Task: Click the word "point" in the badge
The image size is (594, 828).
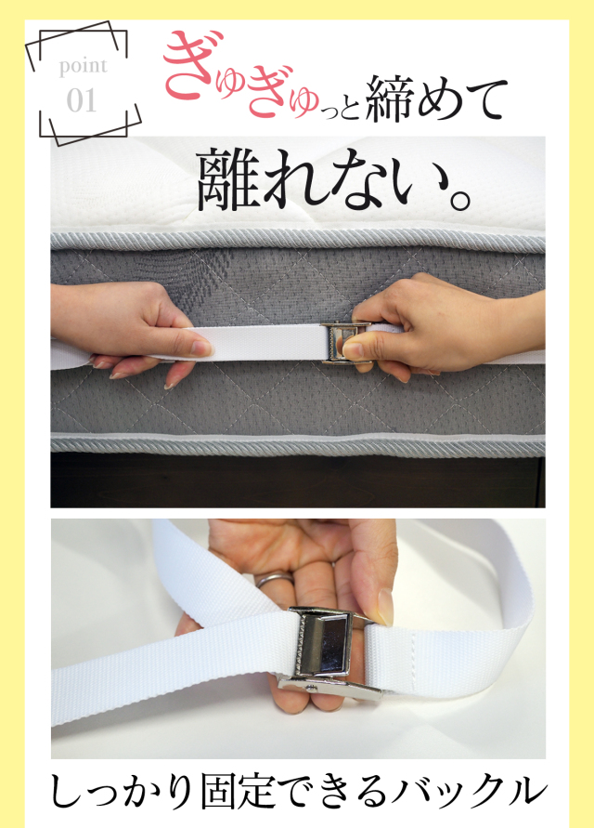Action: point(83,67)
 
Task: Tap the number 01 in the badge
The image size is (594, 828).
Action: point(82,99)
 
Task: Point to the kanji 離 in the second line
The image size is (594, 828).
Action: point(231,178)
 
